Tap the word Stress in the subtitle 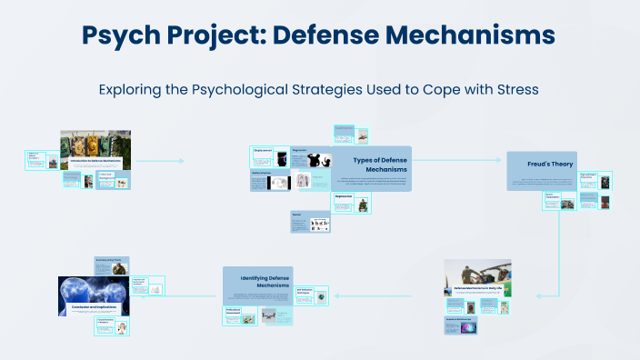coord(516,90)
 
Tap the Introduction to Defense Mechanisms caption coord(94,160)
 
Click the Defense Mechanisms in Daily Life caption coord(477,288)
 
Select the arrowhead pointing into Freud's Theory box coord(502,161)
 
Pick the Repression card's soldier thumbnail coord(363,205)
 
